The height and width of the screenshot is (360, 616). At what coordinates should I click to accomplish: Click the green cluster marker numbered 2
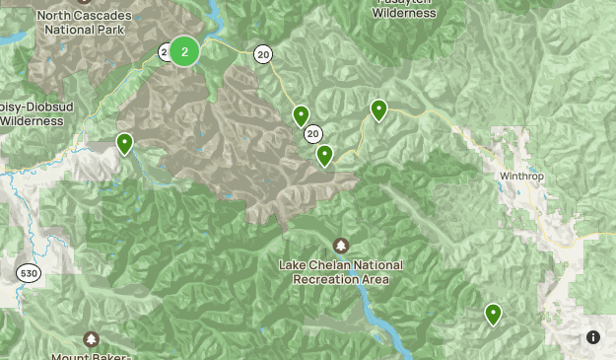[x=184, y=51]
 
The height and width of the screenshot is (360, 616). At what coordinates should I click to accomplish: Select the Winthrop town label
[x=521, y=176]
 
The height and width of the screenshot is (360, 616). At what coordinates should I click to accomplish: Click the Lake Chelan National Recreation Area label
[x=340, y=272]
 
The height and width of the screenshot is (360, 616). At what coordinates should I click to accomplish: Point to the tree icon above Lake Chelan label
[x=341, y=245]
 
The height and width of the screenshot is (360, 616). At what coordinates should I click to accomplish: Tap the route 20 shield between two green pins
[x=313, y=133]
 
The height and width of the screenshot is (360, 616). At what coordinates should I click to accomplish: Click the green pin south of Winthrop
[x=493, y=315]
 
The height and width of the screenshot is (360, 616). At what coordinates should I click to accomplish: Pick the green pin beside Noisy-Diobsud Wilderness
[x=125, y=144]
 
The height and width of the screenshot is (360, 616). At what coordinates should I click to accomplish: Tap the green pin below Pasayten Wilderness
[x=378, y=109]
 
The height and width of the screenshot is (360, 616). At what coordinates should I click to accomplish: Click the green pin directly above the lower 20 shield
[x=302, y=115]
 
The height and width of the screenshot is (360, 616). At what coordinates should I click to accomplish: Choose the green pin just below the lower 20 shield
[x=324, y=155]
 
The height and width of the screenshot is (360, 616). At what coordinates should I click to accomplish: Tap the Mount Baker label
[x=92, y=355]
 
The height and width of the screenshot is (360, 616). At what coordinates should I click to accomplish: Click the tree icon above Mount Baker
[x=92, y=338]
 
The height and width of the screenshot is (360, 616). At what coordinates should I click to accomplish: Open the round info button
[x=593, y=337]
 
